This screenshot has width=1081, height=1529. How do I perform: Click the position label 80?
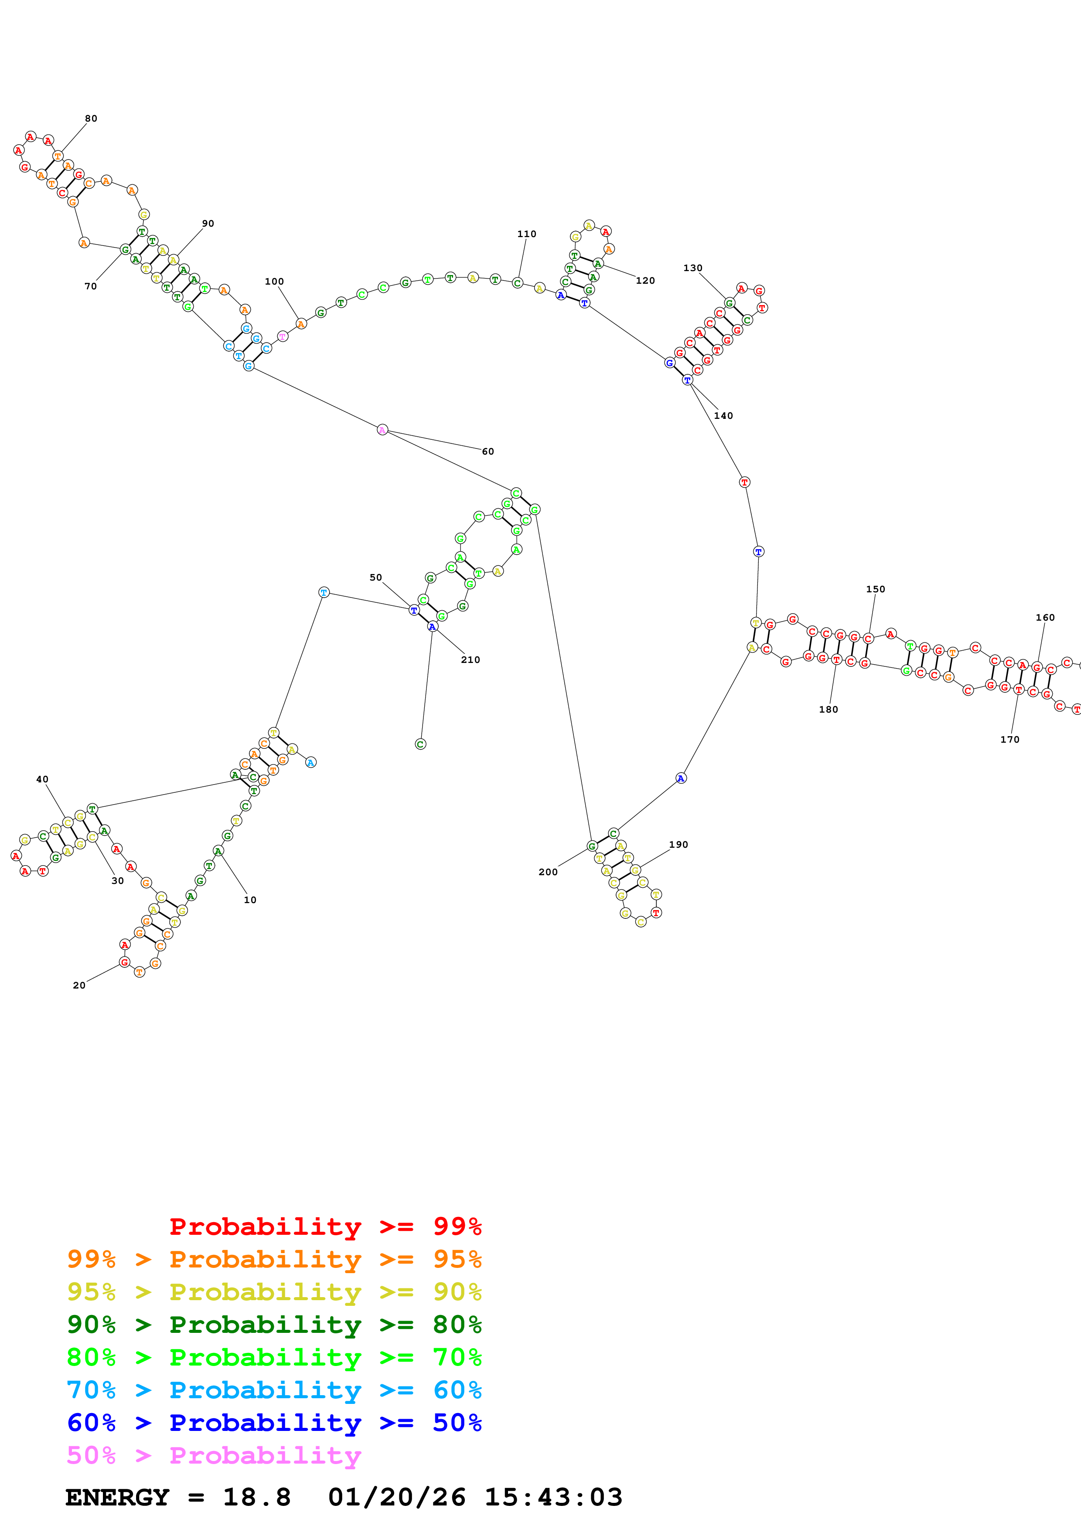pyautogui.click(x=91, y=119)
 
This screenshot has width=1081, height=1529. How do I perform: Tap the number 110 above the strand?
pyautogui.click(x=526, y=234)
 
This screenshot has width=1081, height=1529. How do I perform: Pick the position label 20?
pyautogui.click(x=78, y=985)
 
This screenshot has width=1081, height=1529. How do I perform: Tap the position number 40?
pyautogui.click(x=42, y=779)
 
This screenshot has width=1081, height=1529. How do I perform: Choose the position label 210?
pyautogui.click(x=470, y=660)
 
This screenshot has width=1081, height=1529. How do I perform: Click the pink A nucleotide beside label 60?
pyautogui.click(x=382, y=429)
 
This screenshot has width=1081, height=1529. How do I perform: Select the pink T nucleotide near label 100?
pyautogui.click(x=283, y=336)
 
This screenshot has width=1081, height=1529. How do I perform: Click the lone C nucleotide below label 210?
pyautogui.click(x=419, y=744)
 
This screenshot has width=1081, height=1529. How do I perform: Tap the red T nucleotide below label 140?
pyautogui.click(x=744, y=482)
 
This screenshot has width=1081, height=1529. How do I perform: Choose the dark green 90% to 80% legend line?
pyautogui.click(x=274, y=1325)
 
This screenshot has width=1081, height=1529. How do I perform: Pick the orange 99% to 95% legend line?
pyautogui.click(x=274, y=1259)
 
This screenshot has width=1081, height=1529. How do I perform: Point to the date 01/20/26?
pyautogui.click(x=396, y=1497)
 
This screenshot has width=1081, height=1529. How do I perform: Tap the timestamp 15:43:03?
pyautogui.click(x=553, y=1497)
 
